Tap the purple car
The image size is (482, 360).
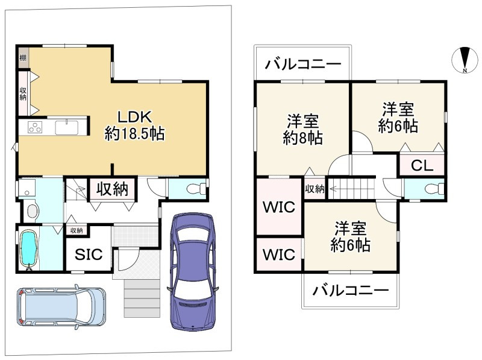click(x=193, y=272)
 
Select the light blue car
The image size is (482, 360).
click(x=61, y=307)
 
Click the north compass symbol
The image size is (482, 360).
click(x=465, y=60)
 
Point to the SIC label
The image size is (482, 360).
click(x=89, y=254)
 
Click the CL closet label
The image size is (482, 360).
click(x=422, y=166)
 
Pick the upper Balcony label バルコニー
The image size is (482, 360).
click(x=303, y=65)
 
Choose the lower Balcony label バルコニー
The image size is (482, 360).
click(x=351, y=290)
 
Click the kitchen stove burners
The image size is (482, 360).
click(x=35, y=127)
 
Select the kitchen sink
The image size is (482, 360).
click(x=67, y=127)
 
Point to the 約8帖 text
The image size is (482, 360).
click(x=303, y=138)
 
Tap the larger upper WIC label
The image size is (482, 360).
click(x=279, y=207)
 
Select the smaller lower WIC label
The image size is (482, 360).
click(x=279, y=254)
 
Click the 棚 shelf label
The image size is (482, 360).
click(x=23, y=57)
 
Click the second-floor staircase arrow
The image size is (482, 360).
click(x=351, y=188)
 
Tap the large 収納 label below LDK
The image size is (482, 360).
click(x=112, y=189)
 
